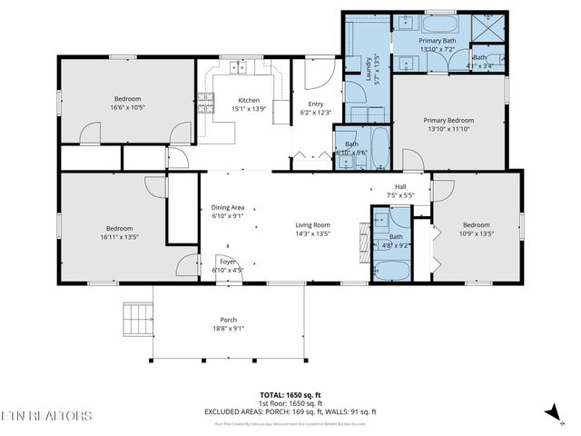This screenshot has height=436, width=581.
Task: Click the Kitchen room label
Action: pos(249,100)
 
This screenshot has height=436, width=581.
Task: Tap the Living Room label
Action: pos(311,224)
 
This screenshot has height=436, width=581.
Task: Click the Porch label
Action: pos(229,320)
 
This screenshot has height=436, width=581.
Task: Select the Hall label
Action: pos(399,186)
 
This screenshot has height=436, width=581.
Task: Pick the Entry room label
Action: pos(316,104)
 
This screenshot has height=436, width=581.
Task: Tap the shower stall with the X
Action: pos(490,24)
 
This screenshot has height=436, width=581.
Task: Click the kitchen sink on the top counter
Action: pos(240,66)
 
